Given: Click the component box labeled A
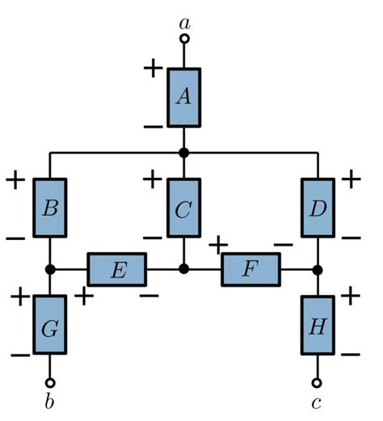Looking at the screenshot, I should point(184,97).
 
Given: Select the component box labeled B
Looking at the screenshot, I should point(50,208).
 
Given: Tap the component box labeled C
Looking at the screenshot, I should point(183,208).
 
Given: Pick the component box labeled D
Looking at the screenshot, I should point(317,208).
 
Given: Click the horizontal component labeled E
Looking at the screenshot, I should point(117,269).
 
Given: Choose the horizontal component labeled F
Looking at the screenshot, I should point(250,269).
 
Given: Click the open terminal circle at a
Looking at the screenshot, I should point(184,38).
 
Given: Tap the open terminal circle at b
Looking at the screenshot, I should point(50,382).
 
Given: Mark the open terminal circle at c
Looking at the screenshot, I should point(317,382).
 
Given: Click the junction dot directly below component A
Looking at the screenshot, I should point(184,152).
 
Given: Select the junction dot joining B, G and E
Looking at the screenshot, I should point(50,269).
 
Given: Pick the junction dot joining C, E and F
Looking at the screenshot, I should point(184,269).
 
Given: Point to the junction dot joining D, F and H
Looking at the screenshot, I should point(317,269).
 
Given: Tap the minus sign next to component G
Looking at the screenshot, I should point(20,354).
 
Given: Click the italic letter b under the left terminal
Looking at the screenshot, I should point(50,402).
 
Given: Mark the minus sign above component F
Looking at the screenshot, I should point(283,243).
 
